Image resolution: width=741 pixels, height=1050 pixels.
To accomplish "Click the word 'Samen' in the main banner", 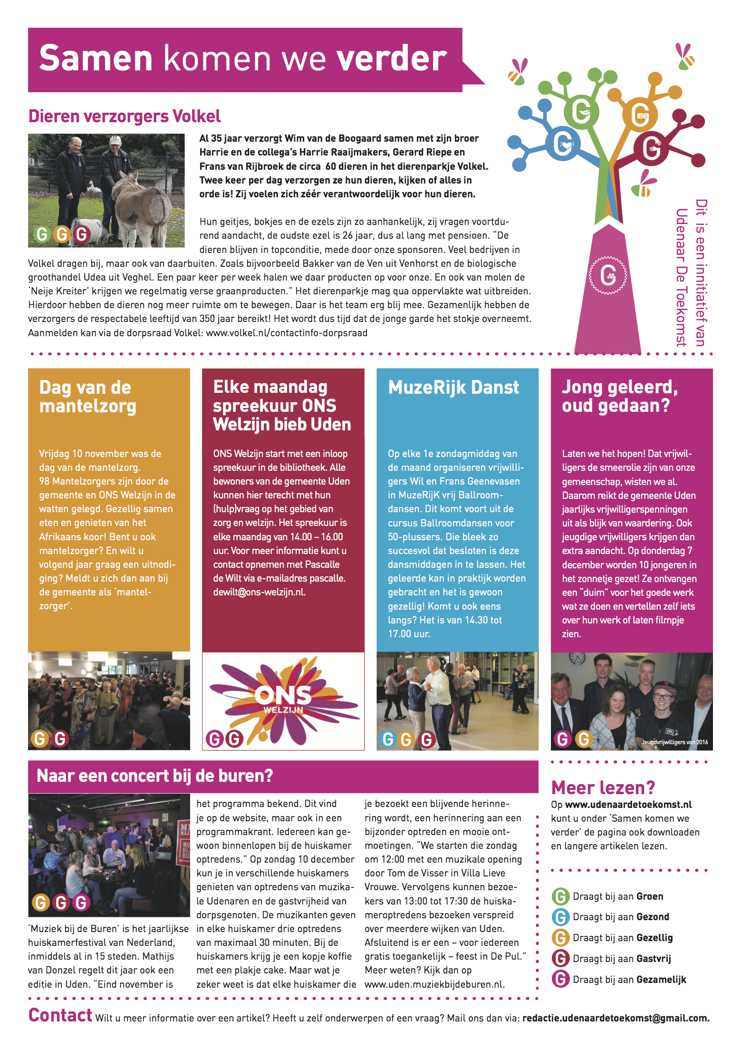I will [x=96, y=58].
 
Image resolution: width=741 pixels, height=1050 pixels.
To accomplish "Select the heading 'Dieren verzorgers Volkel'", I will [x=124, y=116].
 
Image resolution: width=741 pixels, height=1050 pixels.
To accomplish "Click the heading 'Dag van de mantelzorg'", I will [x=88, y=397].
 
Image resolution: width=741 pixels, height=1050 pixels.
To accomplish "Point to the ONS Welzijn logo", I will [x=283, y=700].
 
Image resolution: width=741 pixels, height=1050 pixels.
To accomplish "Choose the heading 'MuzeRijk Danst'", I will [x=453, y=388].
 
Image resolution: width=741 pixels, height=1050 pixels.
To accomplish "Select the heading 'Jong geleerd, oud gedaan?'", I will [x=620, y=396].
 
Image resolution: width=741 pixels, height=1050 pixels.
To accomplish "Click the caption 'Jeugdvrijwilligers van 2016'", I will [x=674, y=742].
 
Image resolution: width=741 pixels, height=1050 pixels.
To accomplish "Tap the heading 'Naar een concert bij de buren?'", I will [x=155, y=776].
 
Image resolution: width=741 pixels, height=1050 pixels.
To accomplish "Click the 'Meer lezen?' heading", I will [x=603, y=787].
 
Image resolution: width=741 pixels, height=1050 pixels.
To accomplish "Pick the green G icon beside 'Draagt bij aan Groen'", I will [x=560, y=896].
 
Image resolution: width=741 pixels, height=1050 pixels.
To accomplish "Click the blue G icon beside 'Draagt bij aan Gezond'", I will [x=560, y=917].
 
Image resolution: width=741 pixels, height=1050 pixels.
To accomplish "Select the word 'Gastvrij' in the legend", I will [x=654, y=959].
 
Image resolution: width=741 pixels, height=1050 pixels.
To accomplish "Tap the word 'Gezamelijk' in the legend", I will [x=661, y=980].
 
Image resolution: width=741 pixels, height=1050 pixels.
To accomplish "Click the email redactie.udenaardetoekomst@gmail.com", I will [x=616, y=1018].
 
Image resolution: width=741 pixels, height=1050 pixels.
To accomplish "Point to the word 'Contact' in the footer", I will [x=60, y=1015].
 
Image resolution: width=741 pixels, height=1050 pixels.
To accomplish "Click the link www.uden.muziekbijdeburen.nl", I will [x=434, y=984].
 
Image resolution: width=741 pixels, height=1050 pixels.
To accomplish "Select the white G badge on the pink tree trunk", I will [x=608, y=275].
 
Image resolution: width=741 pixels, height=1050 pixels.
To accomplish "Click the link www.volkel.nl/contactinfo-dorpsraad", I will [x=287, y=333].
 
